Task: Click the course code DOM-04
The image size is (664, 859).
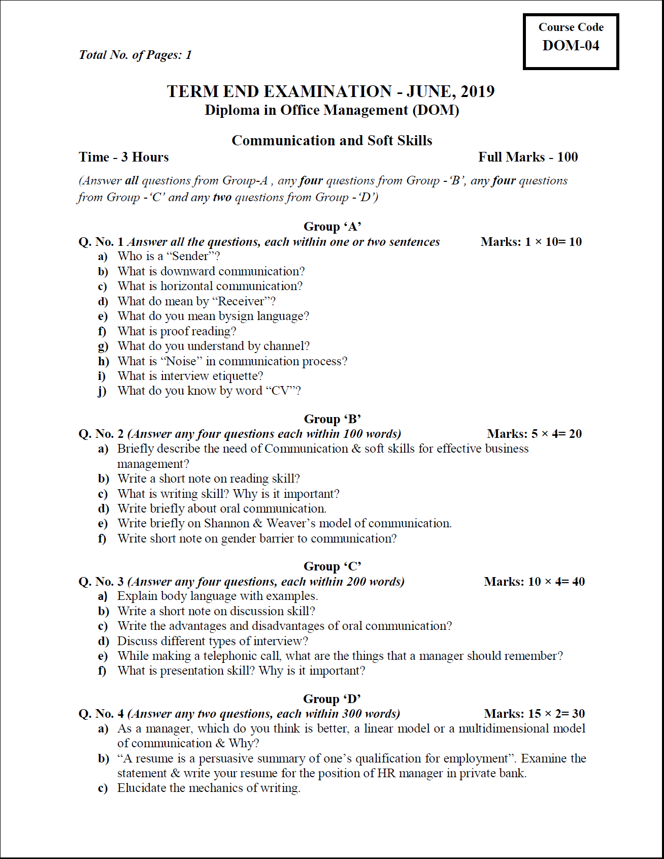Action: [571, 46]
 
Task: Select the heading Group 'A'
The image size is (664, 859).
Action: [332, 227]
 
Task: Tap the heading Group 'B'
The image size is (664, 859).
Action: [332, 419]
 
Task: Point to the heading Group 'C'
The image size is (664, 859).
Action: [332, 566]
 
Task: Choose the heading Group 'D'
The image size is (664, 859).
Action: [332, 699]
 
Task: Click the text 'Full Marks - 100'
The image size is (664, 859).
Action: [528, 157]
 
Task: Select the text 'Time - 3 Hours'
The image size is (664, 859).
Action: [124, 157]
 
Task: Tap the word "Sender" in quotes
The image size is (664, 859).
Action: [190, 256]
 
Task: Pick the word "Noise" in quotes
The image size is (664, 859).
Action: [181, 361]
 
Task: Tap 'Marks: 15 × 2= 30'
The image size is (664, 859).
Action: [534, 714]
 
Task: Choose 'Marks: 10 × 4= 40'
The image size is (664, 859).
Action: [534, 582]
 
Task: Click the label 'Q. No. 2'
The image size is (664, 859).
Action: [101, 434]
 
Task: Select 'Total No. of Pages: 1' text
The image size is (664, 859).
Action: [135, 55]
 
